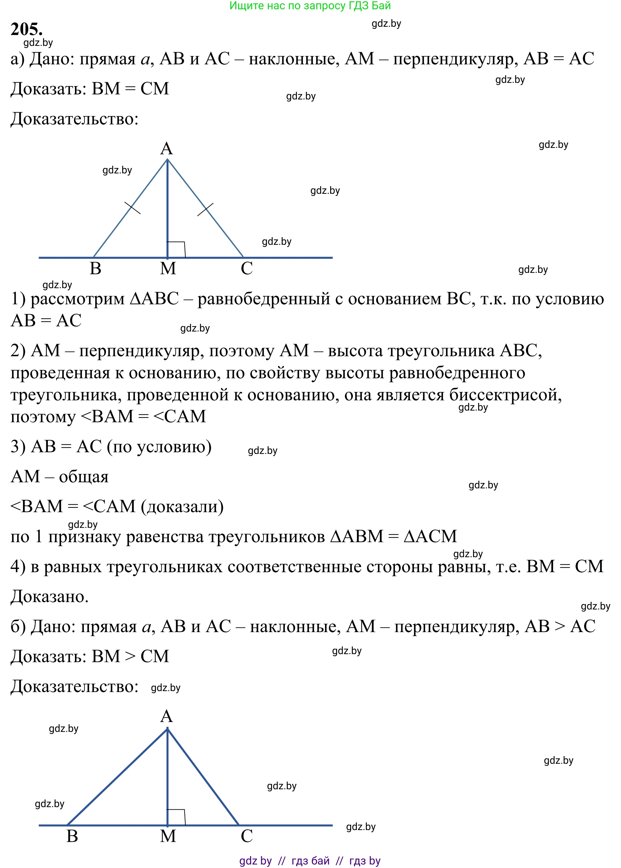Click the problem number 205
pos(26,29)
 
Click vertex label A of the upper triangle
pos(166,148)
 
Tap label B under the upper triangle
pos(96,268)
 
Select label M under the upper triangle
pos(168,268)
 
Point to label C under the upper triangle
pos(247,268)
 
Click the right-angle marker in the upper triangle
pos(177,249)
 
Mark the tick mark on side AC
pos(205,209)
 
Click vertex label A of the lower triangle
pos(166,716)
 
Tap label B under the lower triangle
pos(72,836)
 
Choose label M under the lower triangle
pos(168,836)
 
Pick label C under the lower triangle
pos(247,836)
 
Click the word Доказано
pos(49,596)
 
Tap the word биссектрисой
pos(505,394)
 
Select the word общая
pos(84,477)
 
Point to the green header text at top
pos(310,6)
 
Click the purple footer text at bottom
pos(310,860)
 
